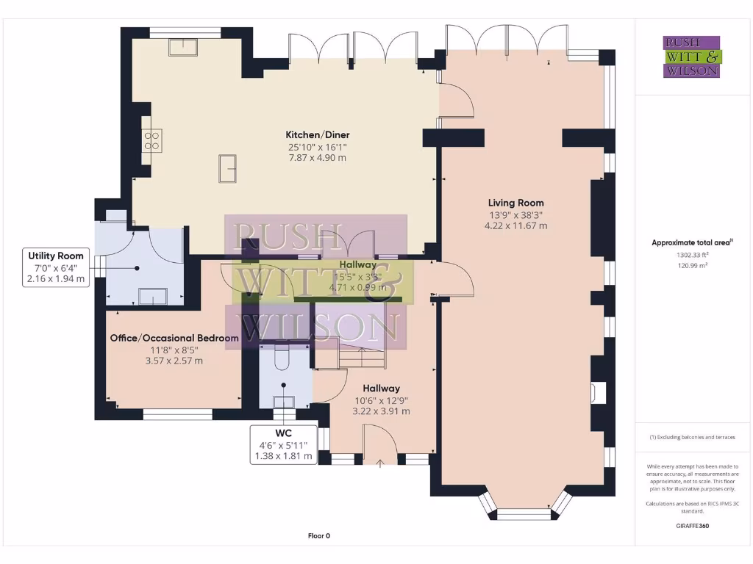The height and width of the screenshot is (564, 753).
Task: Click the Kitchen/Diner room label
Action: point(317,135)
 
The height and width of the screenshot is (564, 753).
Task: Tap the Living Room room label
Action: point(515,203)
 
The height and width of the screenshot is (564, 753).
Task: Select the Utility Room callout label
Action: point(57,256)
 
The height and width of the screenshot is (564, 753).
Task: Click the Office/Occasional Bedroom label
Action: point(174,338)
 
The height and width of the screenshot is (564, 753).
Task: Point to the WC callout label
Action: point(283,434)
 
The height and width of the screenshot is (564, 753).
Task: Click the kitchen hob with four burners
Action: point(152,140)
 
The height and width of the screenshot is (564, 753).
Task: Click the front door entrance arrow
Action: point(380,463)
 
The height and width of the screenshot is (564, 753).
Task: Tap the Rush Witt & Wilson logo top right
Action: point(692,57)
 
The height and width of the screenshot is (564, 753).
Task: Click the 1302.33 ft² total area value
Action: point(692,255)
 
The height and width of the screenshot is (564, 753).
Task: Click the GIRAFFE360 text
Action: point(692,526)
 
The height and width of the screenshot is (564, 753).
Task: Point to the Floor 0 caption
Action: point(318,536)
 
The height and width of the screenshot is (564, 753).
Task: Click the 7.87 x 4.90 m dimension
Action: point(317,158)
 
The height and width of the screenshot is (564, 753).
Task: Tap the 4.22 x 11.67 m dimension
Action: point(515,226)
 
